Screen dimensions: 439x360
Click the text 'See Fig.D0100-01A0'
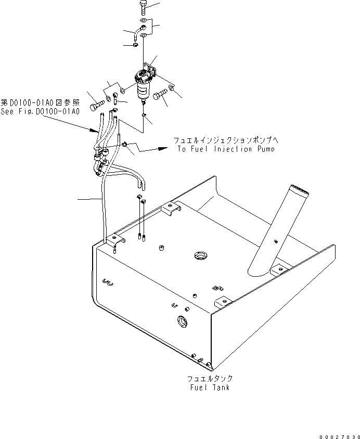pos(40,111)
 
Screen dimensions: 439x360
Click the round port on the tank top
pos(200,255)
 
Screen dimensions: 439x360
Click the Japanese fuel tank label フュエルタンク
pos(210,379)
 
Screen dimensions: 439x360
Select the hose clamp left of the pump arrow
pos(125,145)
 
